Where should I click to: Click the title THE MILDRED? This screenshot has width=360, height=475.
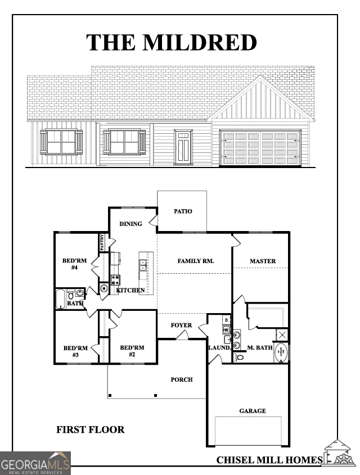click(x=172, y=43)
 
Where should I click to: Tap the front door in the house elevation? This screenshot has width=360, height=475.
click(x=182, y=147)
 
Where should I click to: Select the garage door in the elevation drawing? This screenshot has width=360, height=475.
click(x=260, y=147)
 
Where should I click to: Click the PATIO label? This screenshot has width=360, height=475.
click(x=182, y=212)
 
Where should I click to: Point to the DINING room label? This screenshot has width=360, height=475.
click(x=130, y=224)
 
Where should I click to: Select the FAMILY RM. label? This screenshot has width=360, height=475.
click(x=196, y=261)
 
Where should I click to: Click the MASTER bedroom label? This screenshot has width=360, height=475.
click(x=263, y=261)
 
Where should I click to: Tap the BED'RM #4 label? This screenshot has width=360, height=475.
click(x=74, y=264)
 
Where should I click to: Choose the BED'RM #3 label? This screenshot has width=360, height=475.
click(x=75, y=351)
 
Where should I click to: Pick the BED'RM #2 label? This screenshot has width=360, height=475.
click(x=132, y=351)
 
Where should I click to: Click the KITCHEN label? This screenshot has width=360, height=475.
click(x=131, y=290)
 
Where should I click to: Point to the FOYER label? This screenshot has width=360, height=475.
click(x=182, y=325)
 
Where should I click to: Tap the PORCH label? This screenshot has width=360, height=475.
click(x=182, y=379)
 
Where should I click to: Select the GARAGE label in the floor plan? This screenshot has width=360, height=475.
click(x=253, y=411)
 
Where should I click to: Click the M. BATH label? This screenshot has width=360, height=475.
click(x=260, y=348)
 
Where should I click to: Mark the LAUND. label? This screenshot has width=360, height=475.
click(x=220, y=348)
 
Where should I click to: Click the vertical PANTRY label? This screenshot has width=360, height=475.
click(x=102, y=242)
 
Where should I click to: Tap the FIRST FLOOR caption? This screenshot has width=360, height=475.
click(x=90, y=429)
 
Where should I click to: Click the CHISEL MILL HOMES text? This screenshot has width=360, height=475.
click(x=269, y=460)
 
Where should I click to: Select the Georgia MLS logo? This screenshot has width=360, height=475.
click(x=35, y=464)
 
